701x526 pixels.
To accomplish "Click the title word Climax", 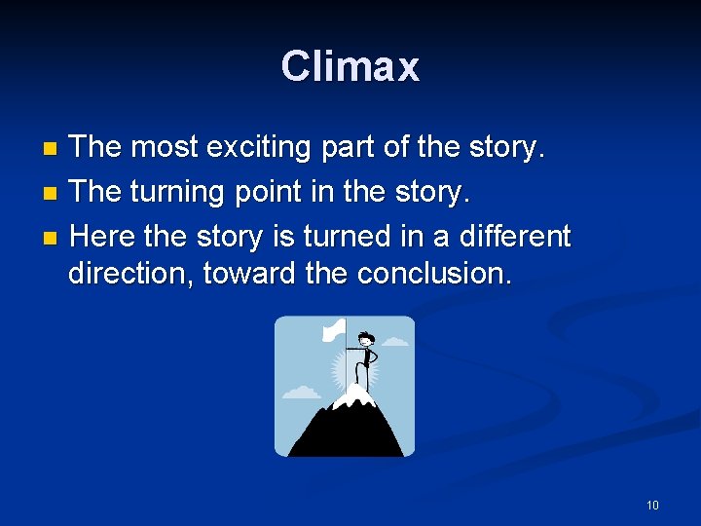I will pyautogui.click(x=350, y=66).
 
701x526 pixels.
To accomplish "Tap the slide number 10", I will pyautogui.click(x=652, y=505).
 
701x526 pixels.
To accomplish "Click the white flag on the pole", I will pyautogui.click(x=334, y=330).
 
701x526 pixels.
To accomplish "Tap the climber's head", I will pyautogui.click(x=366, y=340).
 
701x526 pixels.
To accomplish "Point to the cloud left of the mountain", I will pyautogui.click(x=301, y=393).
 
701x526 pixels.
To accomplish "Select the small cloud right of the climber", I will pyautogui.click(x=394, y=342).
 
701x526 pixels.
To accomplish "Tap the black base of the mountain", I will pyautogui.click(x=345, y=438).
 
